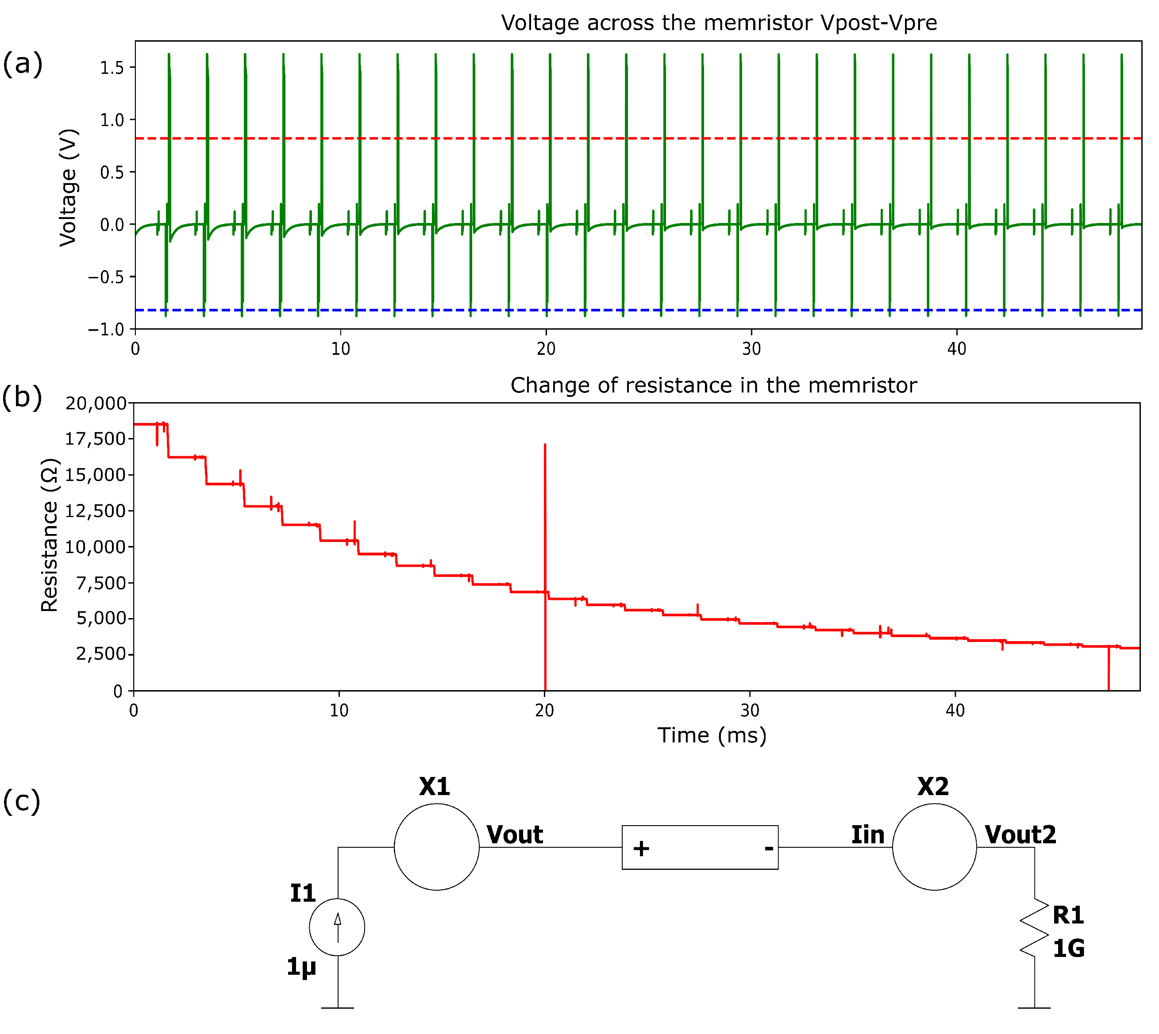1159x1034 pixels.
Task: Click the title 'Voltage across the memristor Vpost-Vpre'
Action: click(719, 23)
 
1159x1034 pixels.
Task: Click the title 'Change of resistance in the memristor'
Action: click(713, 385)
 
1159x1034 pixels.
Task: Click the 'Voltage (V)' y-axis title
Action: click(68, 188)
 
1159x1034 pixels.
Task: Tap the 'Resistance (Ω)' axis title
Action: click(50, 534)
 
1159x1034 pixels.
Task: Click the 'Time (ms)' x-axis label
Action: click(712, 735)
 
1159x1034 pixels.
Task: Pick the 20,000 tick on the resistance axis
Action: click(96, 404)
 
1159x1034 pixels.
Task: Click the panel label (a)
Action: click(23, 63)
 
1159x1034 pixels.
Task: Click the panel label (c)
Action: click(22, 801)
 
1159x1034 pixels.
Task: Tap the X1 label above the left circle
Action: click(435, 787)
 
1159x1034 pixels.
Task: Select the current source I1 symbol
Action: click(337, 927)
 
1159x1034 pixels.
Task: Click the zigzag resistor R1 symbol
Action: click(1034, 927)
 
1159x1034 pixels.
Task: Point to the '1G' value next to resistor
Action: click(1068, 949)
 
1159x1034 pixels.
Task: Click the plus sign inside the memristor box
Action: click(641, 849)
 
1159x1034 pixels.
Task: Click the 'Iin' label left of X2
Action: click(867, 834)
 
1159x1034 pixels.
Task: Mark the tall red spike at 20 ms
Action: click(545, 511)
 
